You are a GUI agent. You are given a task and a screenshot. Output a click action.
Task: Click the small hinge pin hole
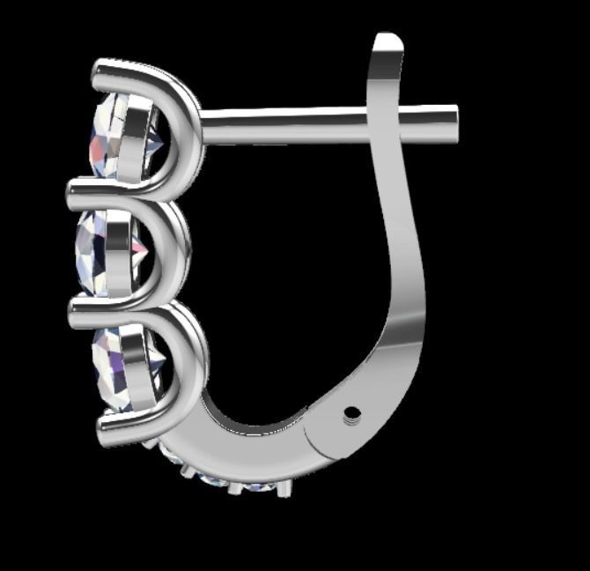(x=353, y=412)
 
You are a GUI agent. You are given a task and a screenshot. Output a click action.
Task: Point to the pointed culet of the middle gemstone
(x=144, y=251)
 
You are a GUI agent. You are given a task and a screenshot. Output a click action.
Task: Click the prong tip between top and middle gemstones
(x=76, y=188)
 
